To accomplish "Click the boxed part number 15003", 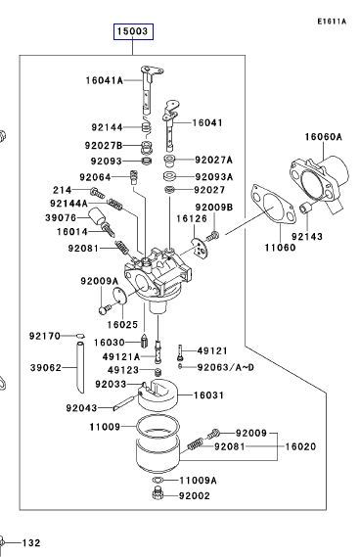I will pos(132,31).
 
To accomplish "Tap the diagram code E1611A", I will pos(332,20).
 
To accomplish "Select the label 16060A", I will pos(322,137).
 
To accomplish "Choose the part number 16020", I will pos(300,445).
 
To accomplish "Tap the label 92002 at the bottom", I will pos(194,497).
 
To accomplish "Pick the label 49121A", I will pos(121,356).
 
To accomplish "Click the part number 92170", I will pos(45,336).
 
